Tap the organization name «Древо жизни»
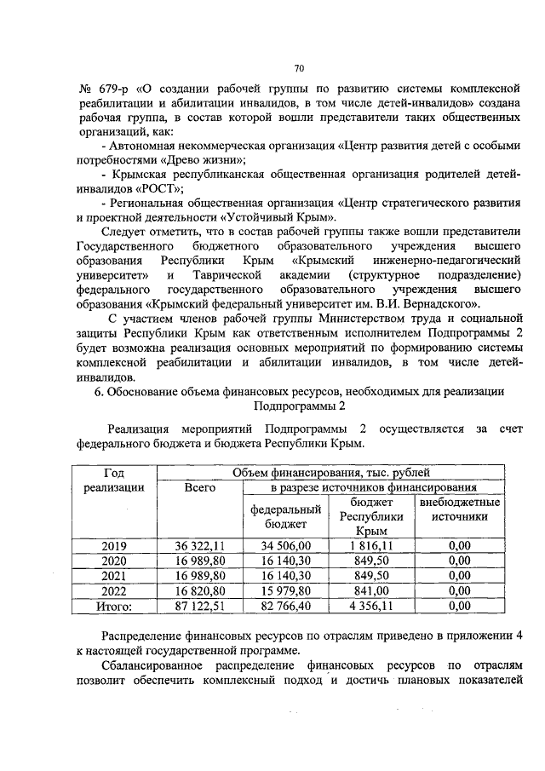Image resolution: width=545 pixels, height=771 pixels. [204, 160]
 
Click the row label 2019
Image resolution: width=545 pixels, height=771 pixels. [114, 546]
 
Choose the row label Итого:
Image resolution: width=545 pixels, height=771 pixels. [114, 606]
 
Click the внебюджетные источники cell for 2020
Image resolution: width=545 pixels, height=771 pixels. [459, 561]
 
